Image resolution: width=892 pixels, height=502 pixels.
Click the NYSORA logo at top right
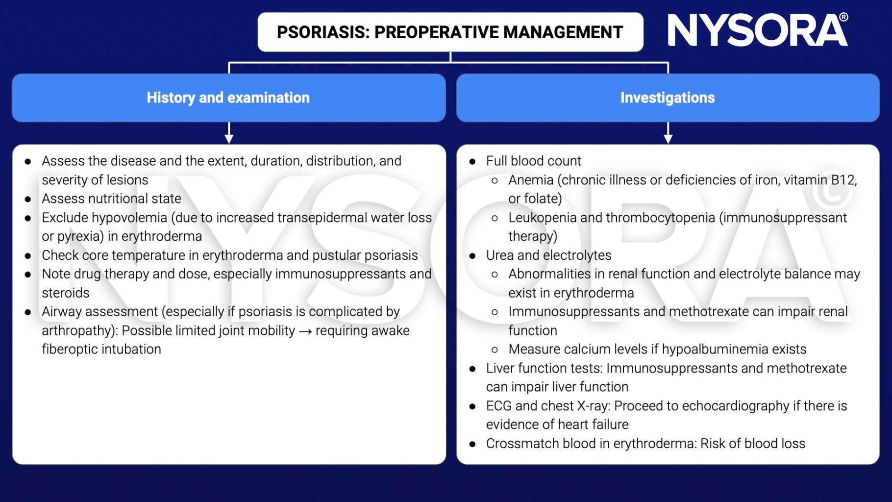click(757, 30)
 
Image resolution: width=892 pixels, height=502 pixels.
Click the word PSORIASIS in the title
click(322, 32)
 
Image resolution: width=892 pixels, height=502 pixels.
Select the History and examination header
click(228, 98)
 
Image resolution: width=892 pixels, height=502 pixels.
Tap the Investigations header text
click(668, 98)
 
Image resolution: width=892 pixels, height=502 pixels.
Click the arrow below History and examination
click(229, 133)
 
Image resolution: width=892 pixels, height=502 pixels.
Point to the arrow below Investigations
click(668, 133)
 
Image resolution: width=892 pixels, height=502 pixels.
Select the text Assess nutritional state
click(111, 199)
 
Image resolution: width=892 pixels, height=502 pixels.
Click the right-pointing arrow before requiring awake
click(305, 331)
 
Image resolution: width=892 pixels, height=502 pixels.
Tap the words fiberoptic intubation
click(101, 350)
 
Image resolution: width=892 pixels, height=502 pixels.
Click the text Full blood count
click(533, 161)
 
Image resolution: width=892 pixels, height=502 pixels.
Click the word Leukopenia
click(542, 218)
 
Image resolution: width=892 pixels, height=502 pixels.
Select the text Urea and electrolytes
click(548, 255)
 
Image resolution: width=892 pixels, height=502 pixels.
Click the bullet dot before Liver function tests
click(472, 369)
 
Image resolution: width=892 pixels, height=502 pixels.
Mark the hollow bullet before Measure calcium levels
click(495, 350)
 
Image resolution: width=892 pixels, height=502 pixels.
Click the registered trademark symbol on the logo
click(843, 17)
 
